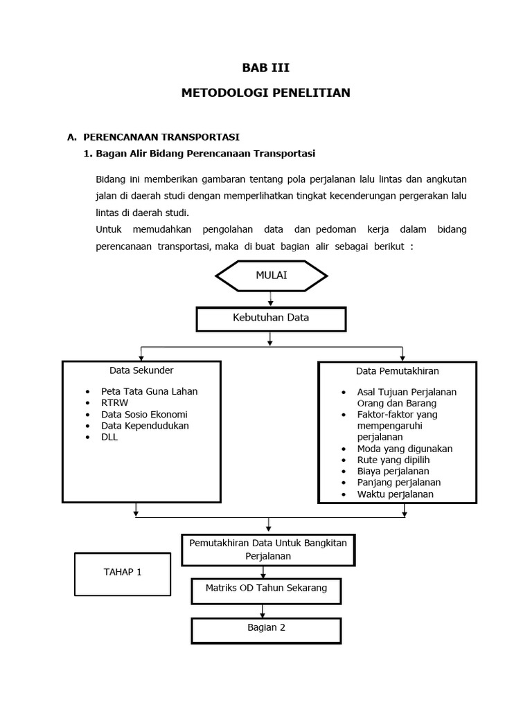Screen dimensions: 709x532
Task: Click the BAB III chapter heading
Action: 265,68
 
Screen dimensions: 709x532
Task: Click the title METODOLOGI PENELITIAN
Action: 265,92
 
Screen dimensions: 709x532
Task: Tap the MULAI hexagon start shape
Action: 271,276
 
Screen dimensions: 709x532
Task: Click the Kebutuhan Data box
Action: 271,318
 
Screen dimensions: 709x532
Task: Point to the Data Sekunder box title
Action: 141,370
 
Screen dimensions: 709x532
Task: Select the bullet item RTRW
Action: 114,402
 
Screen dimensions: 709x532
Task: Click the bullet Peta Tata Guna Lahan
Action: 149,391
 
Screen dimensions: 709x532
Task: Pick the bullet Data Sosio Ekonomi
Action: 144,414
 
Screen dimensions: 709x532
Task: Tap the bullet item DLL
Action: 109,437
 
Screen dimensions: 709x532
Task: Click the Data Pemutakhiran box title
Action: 397,371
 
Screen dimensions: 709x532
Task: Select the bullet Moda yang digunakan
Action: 405,449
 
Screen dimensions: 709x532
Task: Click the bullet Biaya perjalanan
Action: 393,471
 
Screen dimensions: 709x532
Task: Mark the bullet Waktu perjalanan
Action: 395,494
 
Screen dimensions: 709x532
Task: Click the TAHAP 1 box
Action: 122,573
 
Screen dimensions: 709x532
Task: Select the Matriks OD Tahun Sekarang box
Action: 266,589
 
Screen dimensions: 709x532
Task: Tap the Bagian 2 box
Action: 266,628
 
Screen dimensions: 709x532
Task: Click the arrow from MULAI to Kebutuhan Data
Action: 271,298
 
